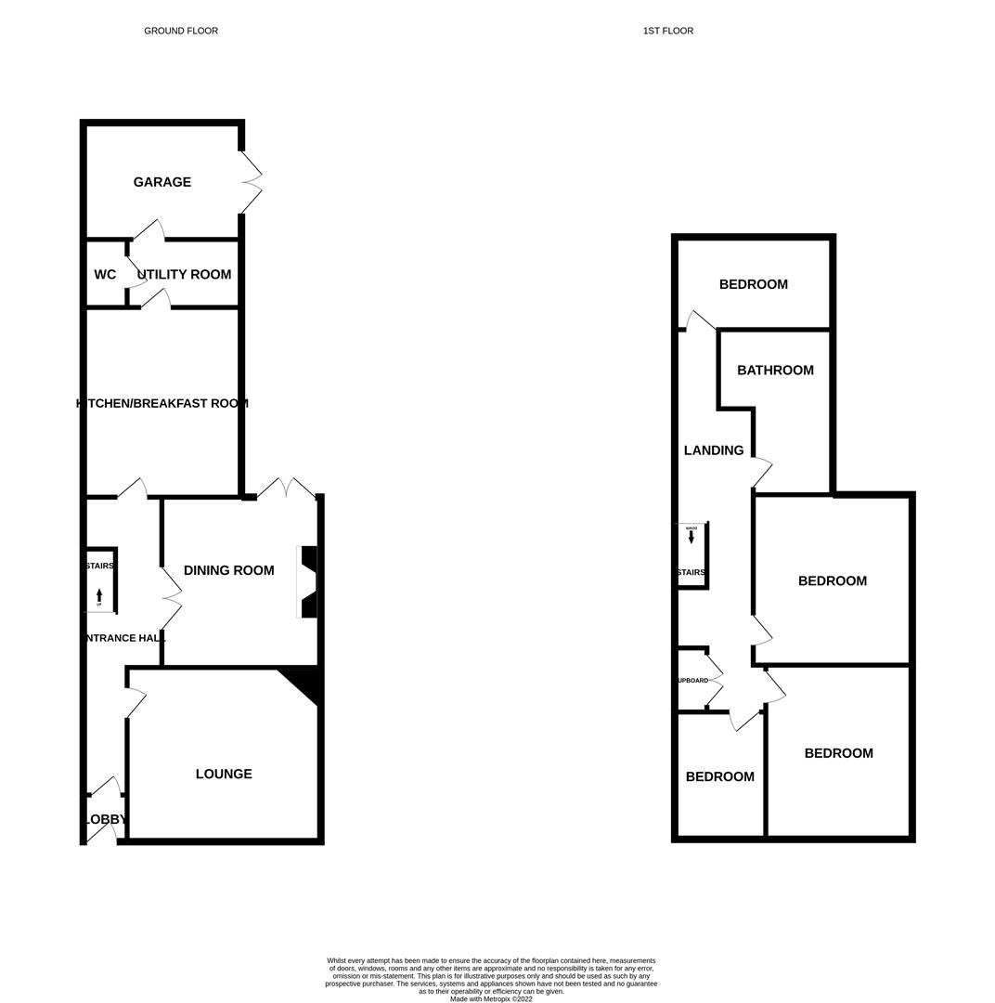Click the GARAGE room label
pyautogui.click(x=162, y=182)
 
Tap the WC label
pyautogui.click(x=105, y=275)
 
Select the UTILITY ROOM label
pyautogui.click(x=184, y=275)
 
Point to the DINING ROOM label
pyautogui.click(x=228, y=570)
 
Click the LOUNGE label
pyautogui.click(x=224, y=774)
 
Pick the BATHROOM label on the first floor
pyautogui.click(x=775, y=371)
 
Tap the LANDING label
pyautogui.click(x=714, y=450)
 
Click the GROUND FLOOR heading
pyautogui.click(x=181, y=31)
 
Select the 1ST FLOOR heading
pyautogui.click(x=668, y=31)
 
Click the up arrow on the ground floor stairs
pyautogui.click(x=99, y=595)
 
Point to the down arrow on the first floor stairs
pyautogui.click(x=691, y=537)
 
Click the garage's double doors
pyautogui.click(x=252, y=182)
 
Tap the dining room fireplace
pyautogui.click(x=308, y=582)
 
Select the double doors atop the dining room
pyautogui.click(x=288, y=488)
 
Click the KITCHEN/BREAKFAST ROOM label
pyautogui.click(x=162, y=404)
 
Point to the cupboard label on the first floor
pyautogui.click(x=692, y=681)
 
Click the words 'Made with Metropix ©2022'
pyautogui.click(x=491, y=999)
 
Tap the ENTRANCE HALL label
pyautogui.click(x=124, y=638)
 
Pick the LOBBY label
pyautogui.click(x=104, y=820)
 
